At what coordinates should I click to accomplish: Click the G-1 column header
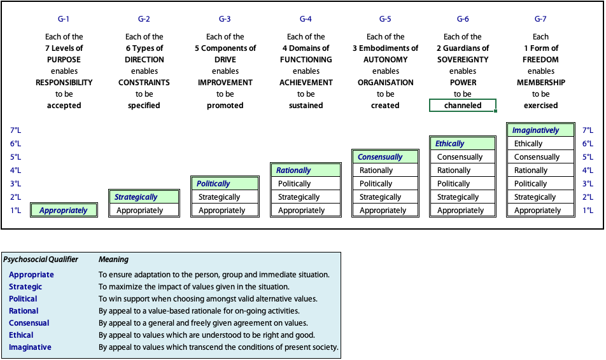(x=64, y=19)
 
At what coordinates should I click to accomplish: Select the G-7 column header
(x=540, y=19)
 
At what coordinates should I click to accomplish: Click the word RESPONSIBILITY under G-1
(x=64, y=82)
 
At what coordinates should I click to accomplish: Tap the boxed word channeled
(x=463, y=106)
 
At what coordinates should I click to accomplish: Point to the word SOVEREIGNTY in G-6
(x=463, y=60)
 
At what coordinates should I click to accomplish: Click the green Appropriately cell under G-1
(x=64, y=210)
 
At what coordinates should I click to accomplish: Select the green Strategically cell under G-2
(x=144, y=197)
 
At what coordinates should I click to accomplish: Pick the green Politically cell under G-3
(x=225, y=183)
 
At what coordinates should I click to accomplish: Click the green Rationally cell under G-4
(x=306, y=170)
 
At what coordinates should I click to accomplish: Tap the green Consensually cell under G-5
(x=385, y=157)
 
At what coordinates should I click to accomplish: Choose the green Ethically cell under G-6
(x=463, y=144)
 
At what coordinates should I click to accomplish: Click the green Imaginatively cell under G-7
(x=540, y=130)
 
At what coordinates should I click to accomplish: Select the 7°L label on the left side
(x=15, y=130)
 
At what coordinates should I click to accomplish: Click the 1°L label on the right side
(x=588, y=210)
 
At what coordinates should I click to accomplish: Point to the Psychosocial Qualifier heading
(x=41, y=259)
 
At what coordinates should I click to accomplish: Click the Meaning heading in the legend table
(x=113, y=259)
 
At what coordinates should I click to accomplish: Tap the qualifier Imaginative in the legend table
(x=30, y=347)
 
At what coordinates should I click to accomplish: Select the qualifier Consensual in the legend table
(x=29, y=323)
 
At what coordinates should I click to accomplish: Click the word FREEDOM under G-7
(x=540, y=60)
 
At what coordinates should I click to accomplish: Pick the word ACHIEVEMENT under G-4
(x=306, y=82)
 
